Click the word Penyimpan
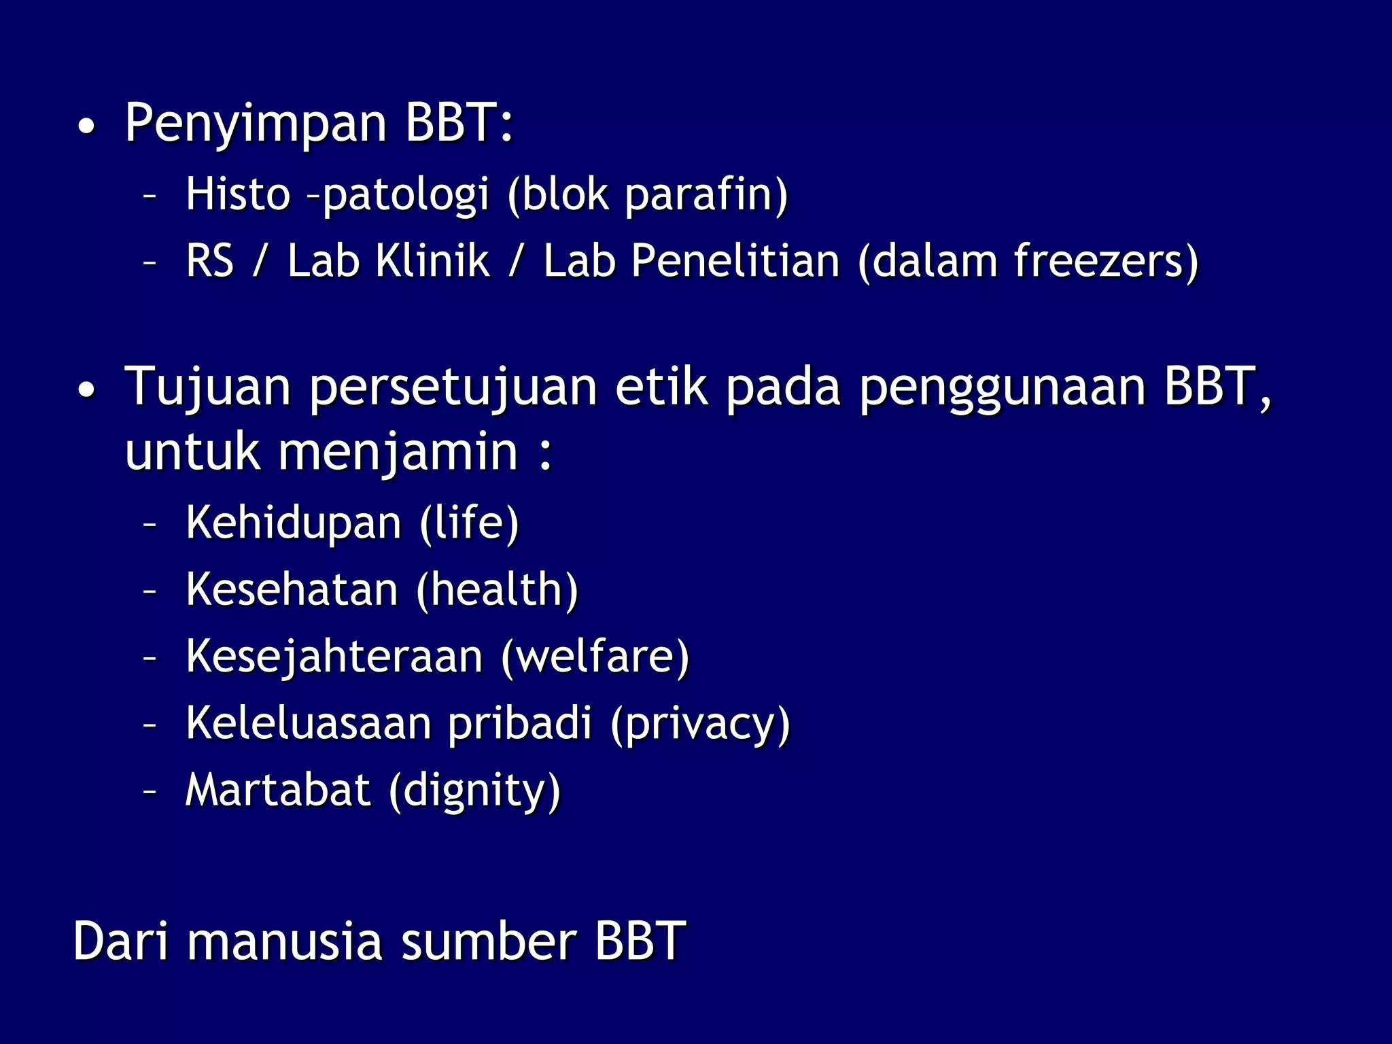point(256,124)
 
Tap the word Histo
point(238,194)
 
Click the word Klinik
point(432,261)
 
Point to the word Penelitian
point(735,261)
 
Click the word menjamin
point(398,453)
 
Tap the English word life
point(469,523)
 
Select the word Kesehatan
point(292,589)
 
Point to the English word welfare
point(595,657)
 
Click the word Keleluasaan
point(309,723)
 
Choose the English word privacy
point(700,725)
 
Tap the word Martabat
point(278,790)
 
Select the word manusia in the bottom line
point(285,942)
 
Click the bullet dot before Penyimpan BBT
point(86,126)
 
